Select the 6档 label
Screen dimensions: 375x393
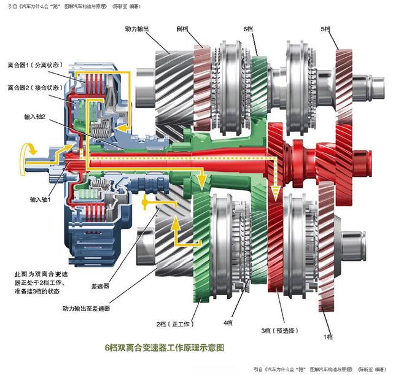click(249, 28)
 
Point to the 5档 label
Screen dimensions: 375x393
click(325, 28)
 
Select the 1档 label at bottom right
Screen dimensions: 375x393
click(328, 337)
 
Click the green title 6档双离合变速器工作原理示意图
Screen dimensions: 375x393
click(165, 347)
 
